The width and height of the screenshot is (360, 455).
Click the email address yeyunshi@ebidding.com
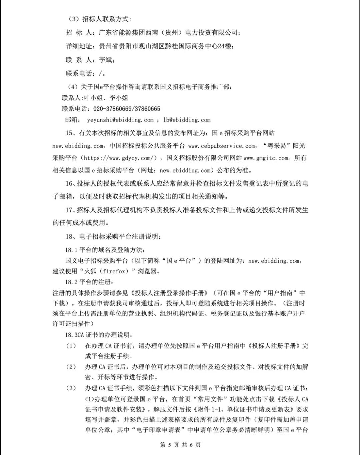[120, 120]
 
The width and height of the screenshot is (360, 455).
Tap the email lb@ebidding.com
[187, 120]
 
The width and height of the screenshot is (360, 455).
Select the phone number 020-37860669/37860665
[127, 109]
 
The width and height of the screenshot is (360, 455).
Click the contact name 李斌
[106, 60]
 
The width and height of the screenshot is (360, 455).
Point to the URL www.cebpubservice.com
[222, 146]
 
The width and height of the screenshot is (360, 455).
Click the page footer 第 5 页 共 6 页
[180, 445]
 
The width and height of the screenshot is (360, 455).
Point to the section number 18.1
[71, 250]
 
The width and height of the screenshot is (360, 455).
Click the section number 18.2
[71, 282]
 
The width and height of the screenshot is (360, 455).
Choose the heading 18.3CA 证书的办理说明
[98, 335]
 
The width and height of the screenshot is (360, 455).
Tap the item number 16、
[71, 184]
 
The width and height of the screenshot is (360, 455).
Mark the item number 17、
[71, 210]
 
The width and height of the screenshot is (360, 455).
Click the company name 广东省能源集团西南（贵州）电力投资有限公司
[168, 32]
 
